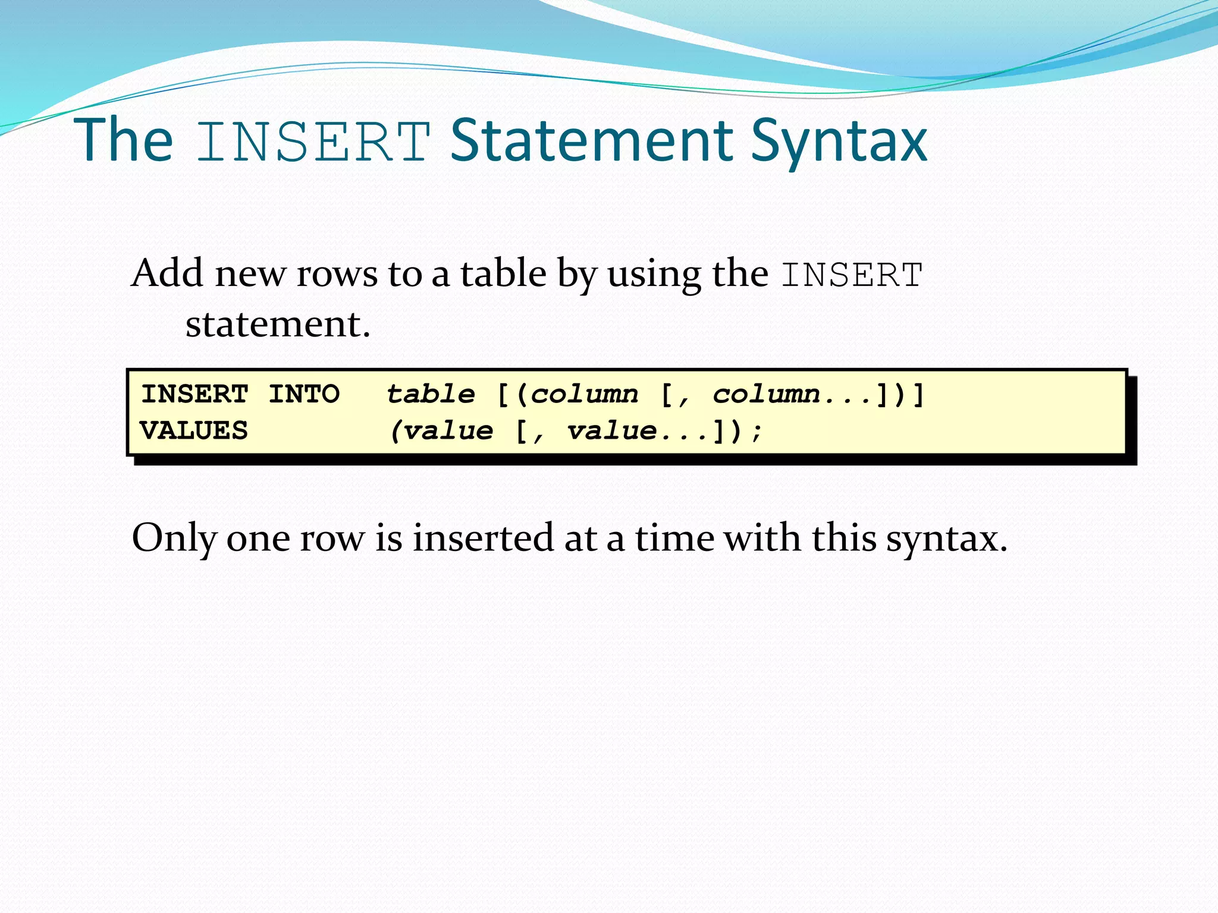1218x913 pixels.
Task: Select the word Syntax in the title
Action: [839, 143]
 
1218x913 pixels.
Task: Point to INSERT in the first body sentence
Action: [852, 275]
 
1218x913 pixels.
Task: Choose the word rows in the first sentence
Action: [337, 275]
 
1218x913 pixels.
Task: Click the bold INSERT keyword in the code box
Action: [194, 394]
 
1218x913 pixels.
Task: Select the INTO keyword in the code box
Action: [304, 394]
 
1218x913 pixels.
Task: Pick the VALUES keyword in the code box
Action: [194, 431]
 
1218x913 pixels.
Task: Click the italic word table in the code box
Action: [431, 394]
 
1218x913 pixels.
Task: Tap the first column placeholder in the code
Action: [584, 394]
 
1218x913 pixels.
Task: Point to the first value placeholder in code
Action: [448, 431]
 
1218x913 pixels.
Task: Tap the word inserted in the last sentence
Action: [483, 538]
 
